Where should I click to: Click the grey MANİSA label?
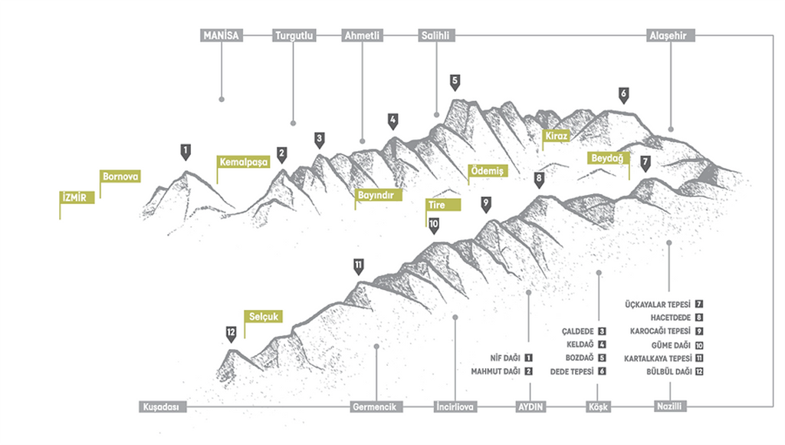click(x=221, y=35)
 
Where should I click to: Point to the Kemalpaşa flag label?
click(x=242, y=163)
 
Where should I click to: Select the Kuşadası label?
click(x=162, y=407)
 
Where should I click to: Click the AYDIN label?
click(x=530, y=407)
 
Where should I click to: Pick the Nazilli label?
click(x=669, y=407)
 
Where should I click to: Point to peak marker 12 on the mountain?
click(x=232, y=333)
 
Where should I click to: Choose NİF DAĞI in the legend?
click(x=505, y=358)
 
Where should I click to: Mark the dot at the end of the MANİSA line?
click(x=222, y=99)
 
